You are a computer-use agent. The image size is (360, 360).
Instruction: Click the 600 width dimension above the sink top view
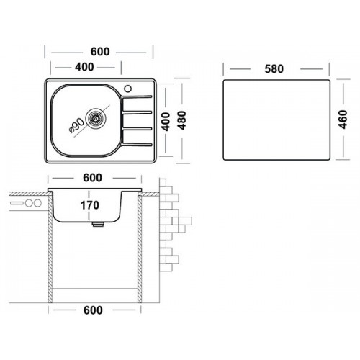[100, 52]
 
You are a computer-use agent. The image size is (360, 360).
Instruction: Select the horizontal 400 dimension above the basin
[84, 67]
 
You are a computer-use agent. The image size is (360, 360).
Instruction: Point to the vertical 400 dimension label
[166, 122]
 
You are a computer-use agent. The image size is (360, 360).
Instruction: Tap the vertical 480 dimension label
[182, 120]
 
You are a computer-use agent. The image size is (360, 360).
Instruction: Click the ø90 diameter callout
[76, 125]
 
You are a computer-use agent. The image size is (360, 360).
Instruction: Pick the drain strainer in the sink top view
[96, 118]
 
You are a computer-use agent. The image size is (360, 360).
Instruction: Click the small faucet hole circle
[128, 89]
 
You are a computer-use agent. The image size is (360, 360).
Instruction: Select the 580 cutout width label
[274, 69]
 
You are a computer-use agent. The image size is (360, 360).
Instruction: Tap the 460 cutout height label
[343, 120]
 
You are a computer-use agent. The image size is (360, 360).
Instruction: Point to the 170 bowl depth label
[90, 205]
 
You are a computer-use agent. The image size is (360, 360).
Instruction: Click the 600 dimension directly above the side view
[93, 178]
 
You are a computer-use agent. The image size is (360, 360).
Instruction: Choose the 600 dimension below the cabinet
[93, 310]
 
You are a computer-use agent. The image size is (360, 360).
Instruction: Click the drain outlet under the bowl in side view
[98, 225]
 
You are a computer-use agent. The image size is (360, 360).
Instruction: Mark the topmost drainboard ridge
[137, 96]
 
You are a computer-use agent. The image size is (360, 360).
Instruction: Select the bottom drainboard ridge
[137, 144]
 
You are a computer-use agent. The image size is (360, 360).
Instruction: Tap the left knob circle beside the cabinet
[30, 203]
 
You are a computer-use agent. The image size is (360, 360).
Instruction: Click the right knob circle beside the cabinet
[37, 203]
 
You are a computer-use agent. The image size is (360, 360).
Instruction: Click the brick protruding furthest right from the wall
[185, 221]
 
